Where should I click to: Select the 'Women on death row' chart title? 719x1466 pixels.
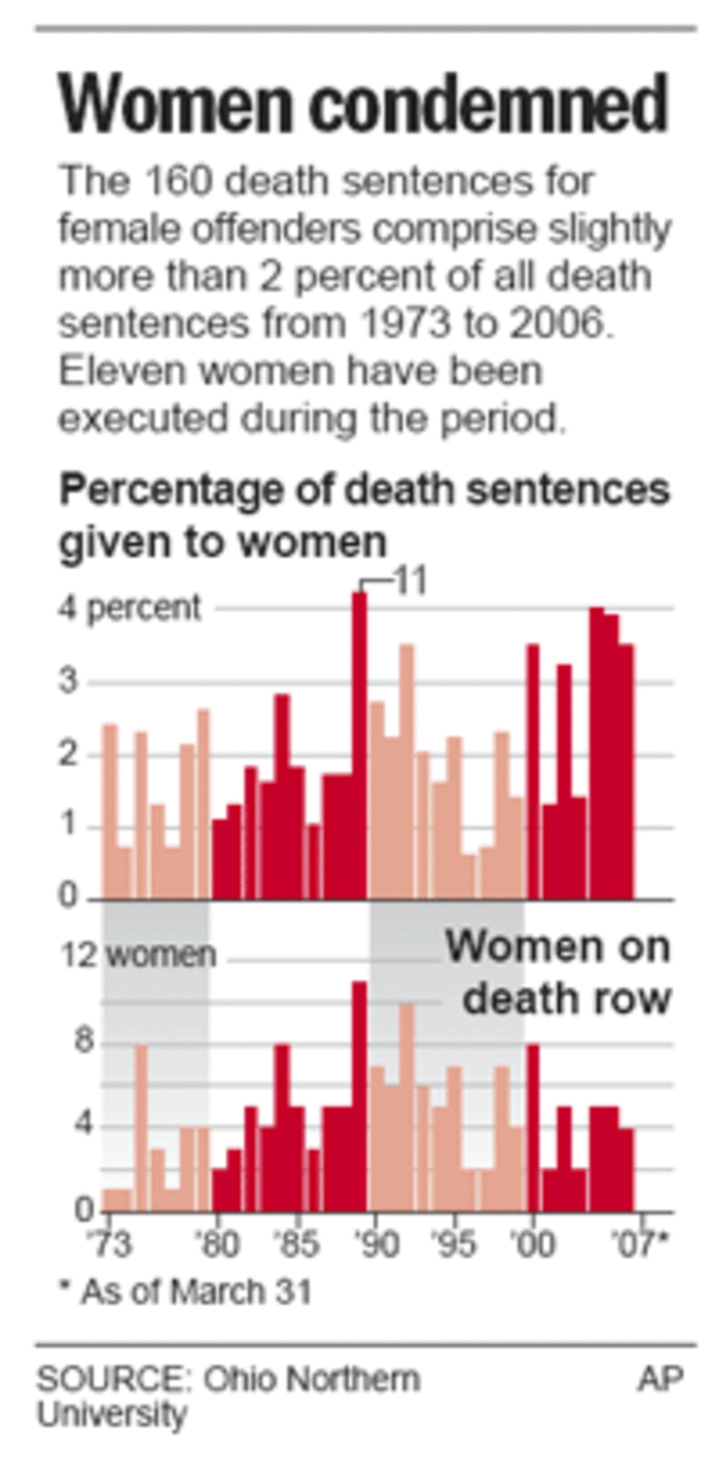click(558, 971)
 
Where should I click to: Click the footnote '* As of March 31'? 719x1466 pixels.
click(185, 1292)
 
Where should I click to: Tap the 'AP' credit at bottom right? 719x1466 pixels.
click(660, 1379)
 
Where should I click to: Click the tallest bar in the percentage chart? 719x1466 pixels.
click(359, 747)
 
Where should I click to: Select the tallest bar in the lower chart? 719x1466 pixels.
click(359, 1097)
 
